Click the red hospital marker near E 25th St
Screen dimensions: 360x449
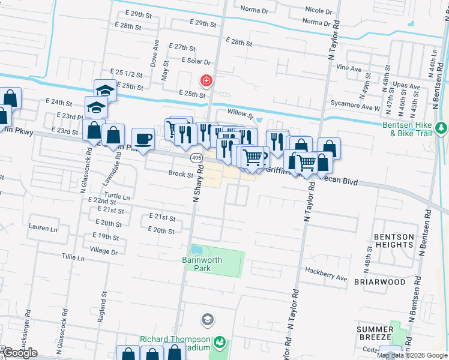(x=206, y=80)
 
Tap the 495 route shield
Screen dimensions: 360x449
(x=196, y=158)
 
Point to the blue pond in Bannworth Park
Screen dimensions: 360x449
(x=197, y=249)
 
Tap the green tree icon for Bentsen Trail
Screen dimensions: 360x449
(x=442, y=128)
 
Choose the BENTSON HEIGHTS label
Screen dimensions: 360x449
(x=394, y=241)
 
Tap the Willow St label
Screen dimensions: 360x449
(x=241, y=112)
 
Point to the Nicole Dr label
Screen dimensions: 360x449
(x=318, y=11)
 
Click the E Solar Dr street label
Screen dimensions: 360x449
(x=197, y=61)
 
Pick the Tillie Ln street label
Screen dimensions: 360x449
(x=73, y=256)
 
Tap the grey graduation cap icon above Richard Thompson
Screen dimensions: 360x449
(x=208, y=319)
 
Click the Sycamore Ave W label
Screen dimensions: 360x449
(x=355, y=109)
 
